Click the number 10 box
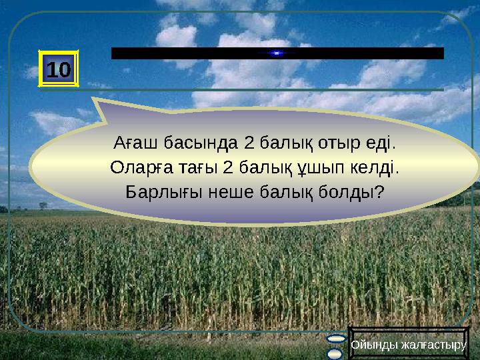[x=60, y=68]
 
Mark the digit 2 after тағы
[x=227, y=167]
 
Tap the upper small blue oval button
[x=335, y=341]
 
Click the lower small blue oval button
[x=335, y=353]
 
